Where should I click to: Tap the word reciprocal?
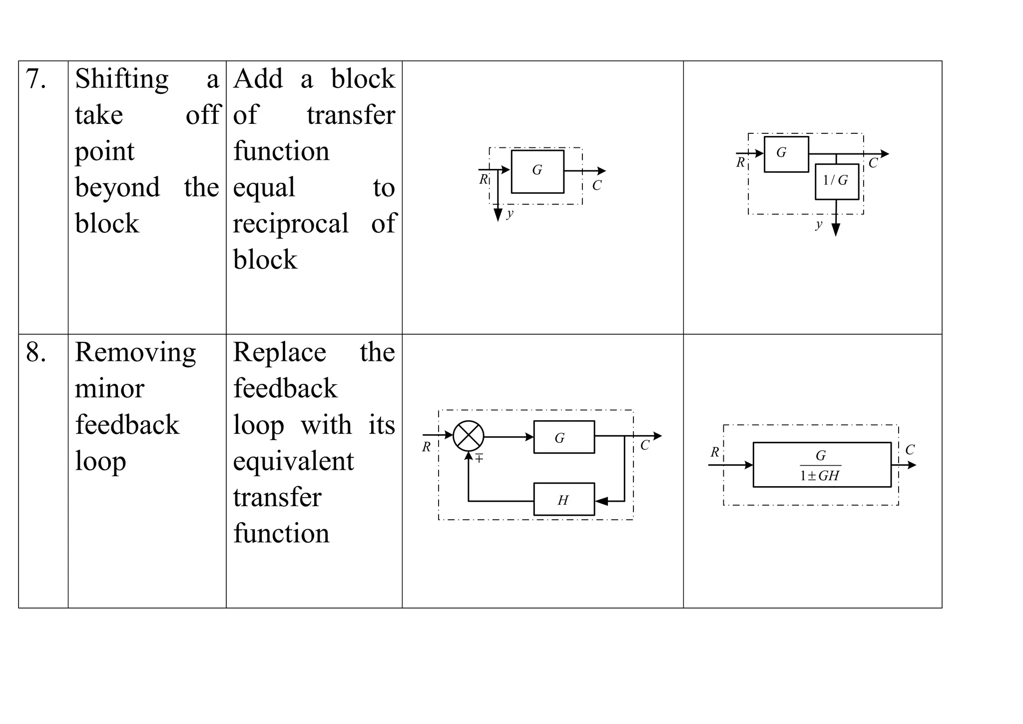pos(291,224)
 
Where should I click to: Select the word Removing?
pos(135,353)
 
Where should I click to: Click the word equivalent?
pos(293,461)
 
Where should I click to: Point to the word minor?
pos(109,389)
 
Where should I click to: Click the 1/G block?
pos(837,181)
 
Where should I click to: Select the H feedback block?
pos(564,499)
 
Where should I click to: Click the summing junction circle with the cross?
pos(468,436)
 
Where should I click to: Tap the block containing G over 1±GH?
pos(822,465)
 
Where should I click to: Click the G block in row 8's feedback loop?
pos(564,437)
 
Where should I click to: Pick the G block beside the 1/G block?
pos(786,154)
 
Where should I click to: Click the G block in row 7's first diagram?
pos(537,171)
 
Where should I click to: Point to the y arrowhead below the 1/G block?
pos(836,230)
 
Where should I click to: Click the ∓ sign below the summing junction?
pos(479,458)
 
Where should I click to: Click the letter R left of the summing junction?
pos(426,447)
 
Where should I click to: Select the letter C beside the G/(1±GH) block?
pos(910,450)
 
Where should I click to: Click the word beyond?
pos(117,188)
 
